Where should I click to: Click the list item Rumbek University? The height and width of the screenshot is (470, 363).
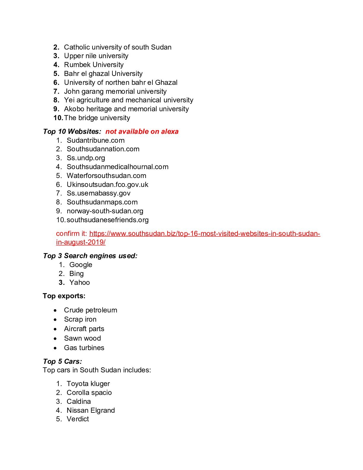[x=94, y=65]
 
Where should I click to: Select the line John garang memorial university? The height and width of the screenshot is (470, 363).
[x=115, y=91]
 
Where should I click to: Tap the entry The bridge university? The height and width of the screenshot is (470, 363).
[x=97, y=118]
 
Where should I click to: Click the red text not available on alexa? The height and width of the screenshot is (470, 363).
[x=142, y=131]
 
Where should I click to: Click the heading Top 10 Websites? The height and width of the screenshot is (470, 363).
[x=72, y=131]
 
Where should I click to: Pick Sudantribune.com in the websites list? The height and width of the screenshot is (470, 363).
[x=95, y=140]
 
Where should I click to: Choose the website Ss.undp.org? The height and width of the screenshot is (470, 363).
[x=86, y=158]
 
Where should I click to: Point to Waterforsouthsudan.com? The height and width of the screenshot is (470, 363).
[x=106, y=176]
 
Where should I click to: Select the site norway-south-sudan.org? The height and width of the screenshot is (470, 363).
[x=105, y=211]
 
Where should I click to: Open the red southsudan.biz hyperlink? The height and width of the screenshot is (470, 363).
[x=204, y=234]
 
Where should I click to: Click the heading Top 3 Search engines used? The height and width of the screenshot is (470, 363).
[x=90, y=256]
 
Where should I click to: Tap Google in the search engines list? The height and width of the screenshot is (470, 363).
[x=81, y=265]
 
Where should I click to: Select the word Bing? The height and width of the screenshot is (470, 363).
[x=77, y=274]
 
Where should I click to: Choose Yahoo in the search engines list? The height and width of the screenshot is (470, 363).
[x=79, y=282]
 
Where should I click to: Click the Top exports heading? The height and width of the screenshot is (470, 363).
[x=64, y=296]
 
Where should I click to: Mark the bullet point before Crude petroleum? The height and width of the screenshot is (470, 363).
[x=55, y=310]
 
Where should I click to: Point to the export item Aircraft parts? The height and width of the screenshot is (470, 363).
[x=84, y=329]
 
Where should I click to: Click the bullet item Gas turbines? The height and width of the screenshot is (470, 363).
[x=84, y=348]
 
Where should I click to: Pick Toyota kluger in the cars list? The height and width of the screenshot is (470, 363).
[x=88, y=384]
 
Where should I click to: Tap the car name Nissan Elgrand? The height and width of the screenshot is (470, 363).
[x=90, y=410]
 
